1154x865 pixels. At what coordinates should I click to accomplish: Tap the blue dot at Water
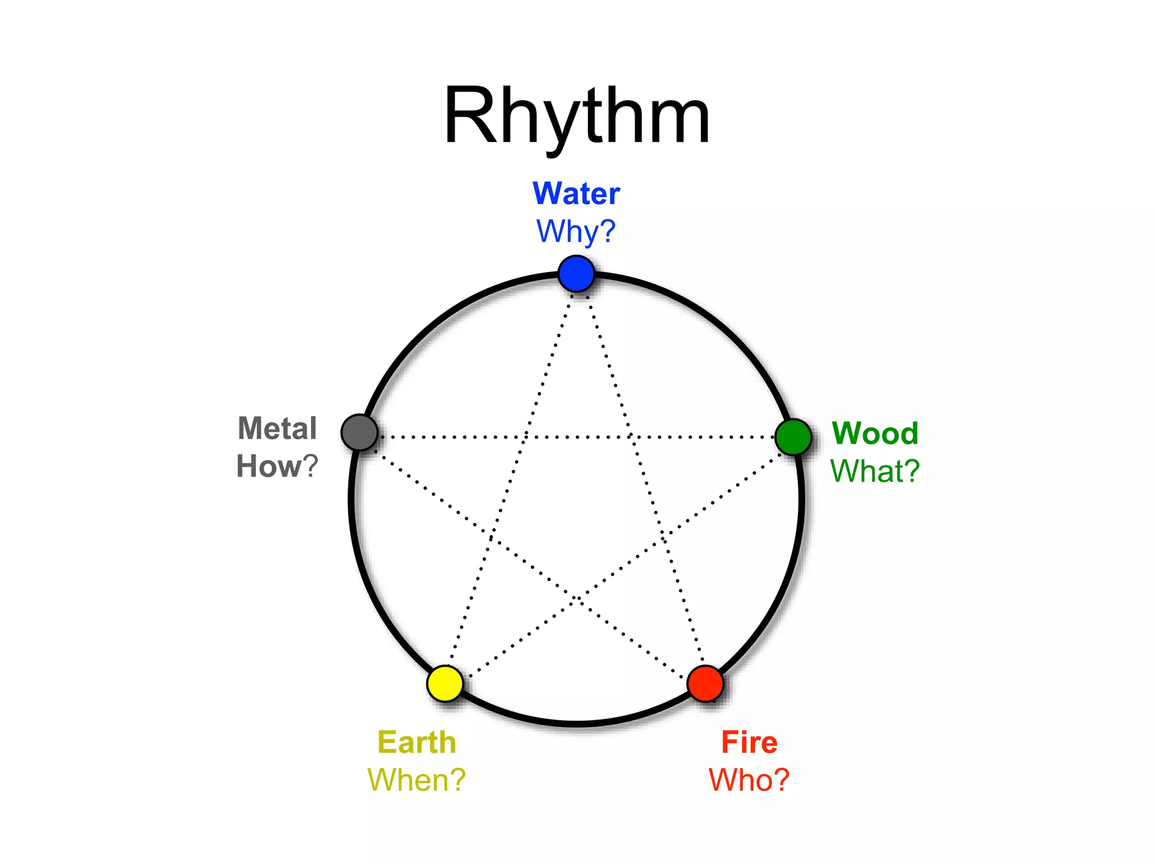pos(576,274)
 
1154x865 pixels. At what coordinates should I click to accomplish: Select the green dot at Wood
pos(793,437)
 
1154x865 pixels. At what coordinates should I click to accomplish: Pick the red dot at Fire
pos(705,684)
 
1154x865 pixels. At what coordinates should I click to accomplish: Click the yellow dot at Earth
pos(445,684)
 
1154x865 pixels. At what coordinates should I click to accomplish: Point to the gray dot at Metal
pos(359,432)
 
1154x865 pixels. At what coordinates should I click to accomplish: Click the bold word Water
pos(576,194)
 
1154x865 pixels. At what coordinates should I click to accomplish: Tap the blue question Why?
pos(576,231)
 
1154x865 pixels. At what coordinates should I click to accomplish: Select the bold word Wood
pos(875,434)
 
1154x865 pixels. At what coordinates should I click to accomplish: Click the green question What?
pos(875,471)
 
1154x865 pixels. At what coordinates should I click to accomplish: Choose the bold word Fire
pos(749,742)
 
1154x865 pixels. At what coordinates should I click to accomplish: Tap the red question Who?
pos(749,780)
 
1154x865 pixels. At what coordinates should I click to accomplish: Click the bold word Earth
pos(417,742)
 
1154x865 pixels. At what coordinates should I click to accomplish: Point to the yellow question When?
pos(417,780)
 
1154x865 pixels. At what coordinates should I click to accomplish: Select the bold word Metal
pos(277,429)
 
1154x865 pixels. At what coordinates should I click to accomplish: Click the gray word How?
pos(277,466)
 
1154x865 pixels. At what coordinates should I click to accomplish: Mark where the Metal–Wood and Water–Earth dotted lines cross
pos(525,437)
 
